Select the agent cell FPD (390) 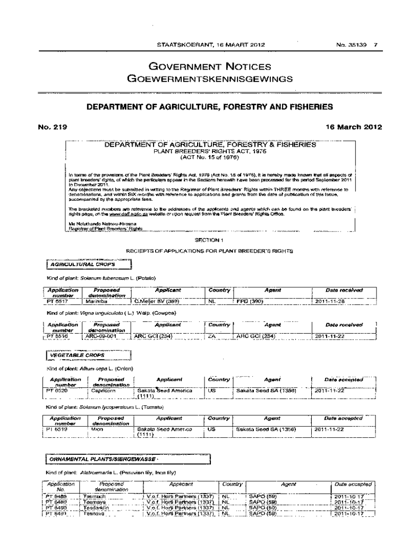[x=250, y=302]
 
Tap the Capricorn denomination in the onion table [x=103, y=390]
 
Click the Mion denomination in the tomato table [x=97, y=429]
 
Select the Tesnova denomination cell [x=96, y=514]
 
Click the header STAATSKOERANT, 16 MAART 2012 [x=208, y=45]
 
